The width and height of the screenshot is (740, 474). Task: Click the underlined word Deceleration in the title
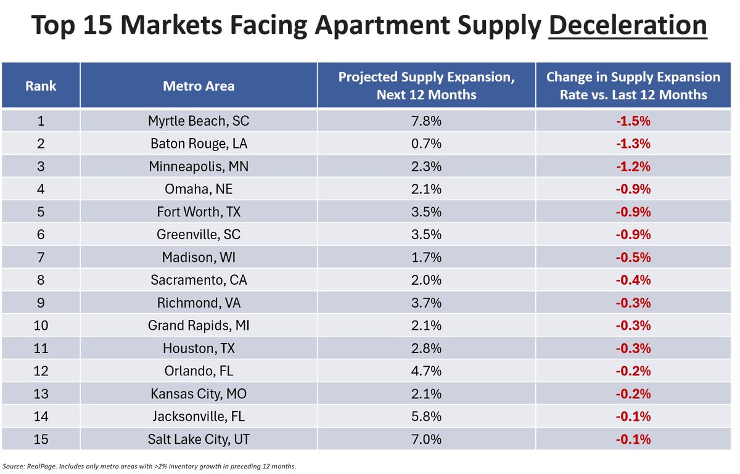pos(627,26)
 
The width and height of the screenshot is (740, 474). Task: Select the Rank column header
pos(41,86)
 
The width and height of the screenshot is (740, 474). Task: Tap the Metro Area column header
pos(199,86)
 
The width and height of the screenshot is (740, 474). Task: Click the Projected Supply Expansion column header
pos(426,86)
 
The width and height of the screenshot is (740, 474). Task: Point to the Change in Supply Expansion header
pos(633,86)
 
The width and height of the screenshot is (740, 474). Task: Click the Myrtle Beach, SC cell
pos(199,121)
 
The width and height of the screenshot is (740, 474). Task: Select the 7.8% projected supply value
pos(426,121)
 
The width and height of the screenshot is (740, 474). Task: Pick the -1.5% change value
pos(633,121)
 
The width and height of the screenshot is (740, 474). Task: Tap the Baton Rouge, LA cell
pos(199,144)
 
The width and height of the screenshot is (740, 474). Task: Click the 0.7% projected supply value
pos(426,144)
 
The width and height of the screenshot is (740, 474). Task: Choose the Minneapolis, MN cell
pos(199,166)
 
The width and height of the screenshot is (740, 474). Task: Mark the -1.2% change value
pos(633,166)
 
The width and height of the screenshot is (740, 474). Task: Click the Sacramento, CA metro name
pos(199,280)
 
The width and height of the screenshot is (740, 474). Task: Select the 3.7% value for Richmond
pos(426,303)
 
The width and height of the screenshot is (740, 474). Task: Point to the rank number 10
pos(41,325)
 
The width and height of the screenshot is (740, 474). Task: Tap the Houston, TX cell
pos(199,348)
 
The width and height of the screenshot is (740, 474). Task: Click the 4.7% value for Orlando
pos(426,371)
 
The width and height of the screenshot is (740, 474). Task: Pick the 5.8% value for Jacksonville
pos(426,417)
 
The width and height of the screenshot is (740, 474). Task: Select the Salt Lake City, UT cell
pos(199,439)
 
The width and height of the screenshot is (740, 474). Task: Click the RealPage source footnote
pos(154,465)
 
